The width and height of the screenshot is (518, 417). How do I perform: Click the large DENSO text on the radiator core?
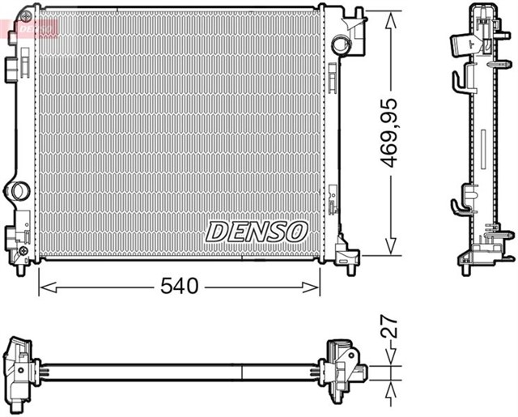[257, 231]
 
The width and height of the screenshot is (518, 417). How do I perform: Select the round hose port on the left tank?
[16, 192]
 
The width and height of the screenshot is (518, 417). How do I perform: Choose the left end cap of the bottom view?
[20, 370]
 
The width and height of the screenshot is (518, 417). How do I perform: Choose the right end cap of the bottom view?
[344, 371]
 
